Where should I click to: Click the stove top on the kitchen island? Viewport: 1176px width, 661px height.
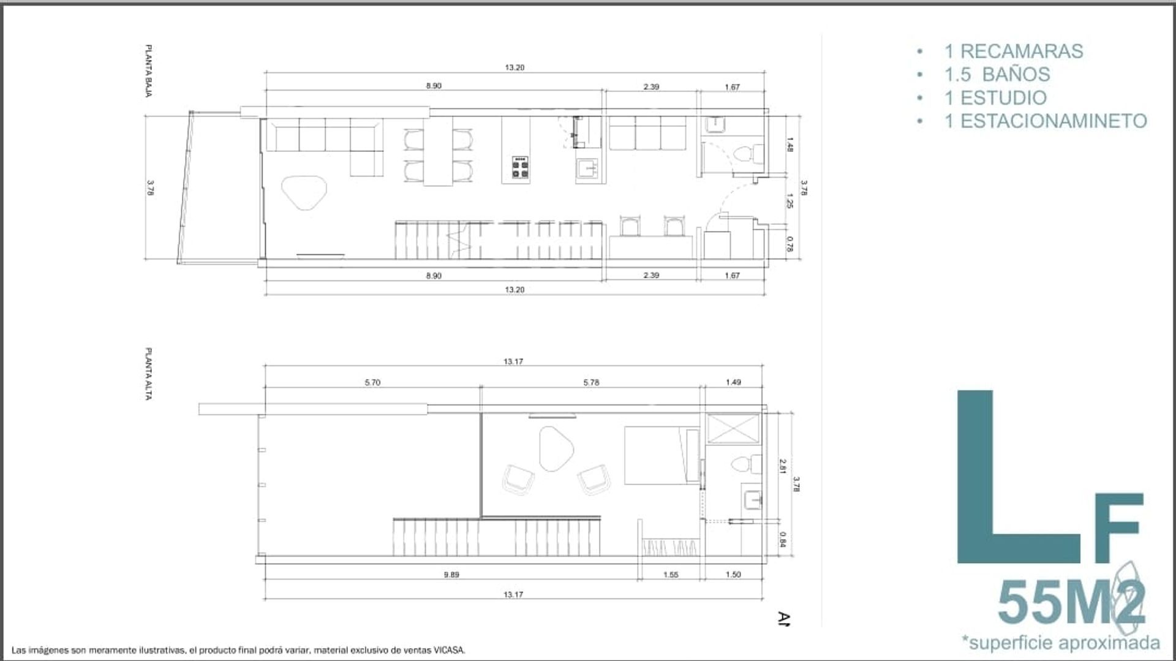[x=520, y=167]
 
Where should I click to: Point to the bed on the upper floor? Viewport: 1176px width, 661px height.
[x=661, y=455]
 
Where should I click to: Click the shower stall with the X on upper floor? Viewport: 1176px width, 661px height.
[x=733, y=428]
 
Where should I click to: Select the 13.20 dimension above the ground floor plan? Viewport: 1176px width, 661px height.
[x=514, y=67]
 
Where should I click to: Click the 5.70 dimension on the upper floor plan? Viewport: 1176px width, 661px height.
[x=372, y=382]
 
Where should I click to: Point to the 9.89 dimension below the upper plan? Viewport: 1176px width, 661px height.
[x=451, y=575]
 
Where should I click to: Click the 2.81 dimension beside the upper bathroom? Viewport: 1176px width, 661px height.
[x=782, y=466]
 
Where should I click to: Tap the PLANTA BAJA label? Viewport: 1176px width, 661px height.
[x=148, y=71]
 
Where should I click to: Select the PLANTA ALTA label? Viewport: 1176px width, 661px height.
[x=148, y=374]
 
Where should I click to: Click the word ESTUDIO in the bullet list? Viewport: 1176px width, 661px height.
[x=1003, y=97]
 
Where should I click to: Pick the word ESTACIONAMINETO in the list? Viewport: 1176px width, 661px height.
[x=1053, y=121]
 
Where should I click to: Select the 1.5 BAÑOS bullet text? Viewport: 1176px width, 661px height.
[x=997, y=74]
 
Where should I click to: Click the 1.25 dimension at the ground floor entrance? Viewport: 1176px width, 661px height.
[x=789, y=201]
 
